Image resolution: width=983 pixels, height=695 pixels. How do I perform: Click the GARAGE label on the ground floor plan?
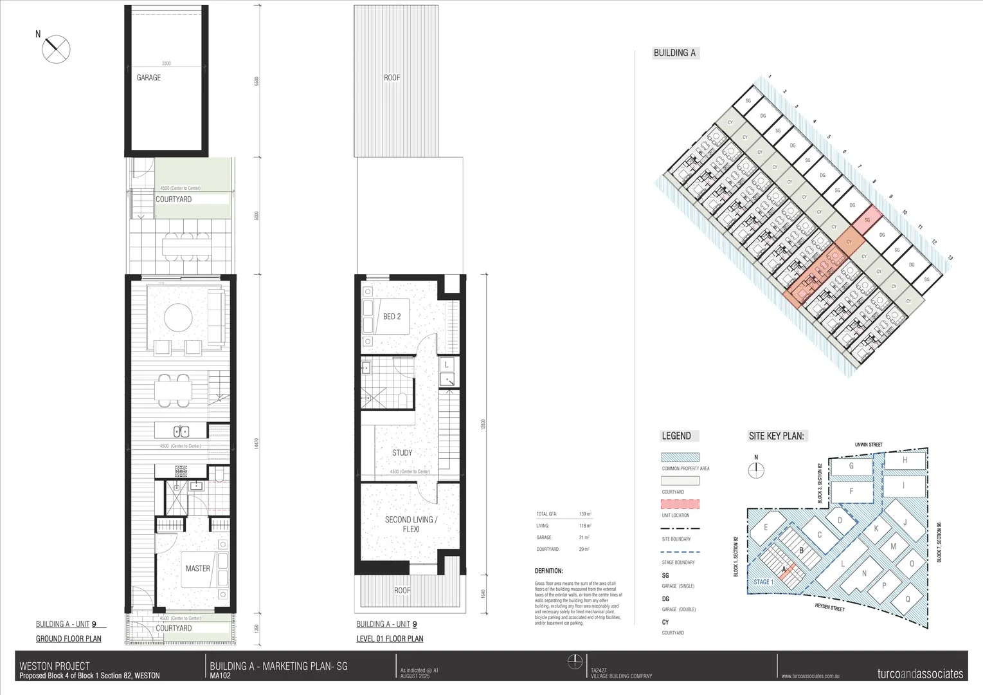[149, 78]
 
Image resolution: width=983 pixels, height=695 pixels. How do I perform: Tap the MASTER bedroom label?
[197, 568]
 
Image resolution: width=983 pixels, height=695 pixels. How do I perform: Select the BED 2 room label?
[392, 317]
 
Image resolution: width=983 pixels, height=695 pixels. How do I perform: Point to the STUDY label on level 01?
[402, 453]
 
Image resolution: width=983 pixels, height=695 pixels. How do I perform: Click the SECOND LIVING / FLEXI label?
[411, 524]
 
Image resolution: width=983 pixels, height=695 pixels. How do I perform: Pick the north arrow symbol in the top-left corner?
[56, 48]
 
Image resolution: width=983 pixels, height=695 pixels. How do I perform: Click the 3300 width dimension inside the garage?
[166, 64]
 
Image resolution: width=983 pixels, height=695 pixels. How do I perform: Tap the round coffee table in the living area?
[178, 317]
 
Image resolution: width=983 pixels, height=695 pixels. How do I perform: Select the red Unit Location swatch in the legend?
[680, 505]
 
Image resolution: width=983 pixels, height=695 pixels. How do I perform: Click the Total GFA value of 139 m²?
[585, 514]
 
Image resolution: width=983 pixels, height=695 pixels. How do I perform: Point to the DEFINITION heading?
[548, 571]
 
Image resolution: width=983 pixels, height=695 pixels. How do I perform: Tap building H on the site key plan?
[905, 460]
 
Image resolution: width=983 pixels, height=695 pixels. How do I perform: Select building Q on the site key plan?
[908, 598]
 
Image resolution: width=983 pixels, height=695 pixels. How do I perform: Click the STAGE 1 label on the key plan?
[762, 582]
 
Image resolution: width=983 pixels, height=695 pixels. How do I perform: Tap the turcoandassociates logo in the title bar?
[920, 674]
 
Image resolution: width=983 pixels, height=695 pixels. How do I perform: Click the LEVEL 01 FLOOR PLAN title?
[390, 639]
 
